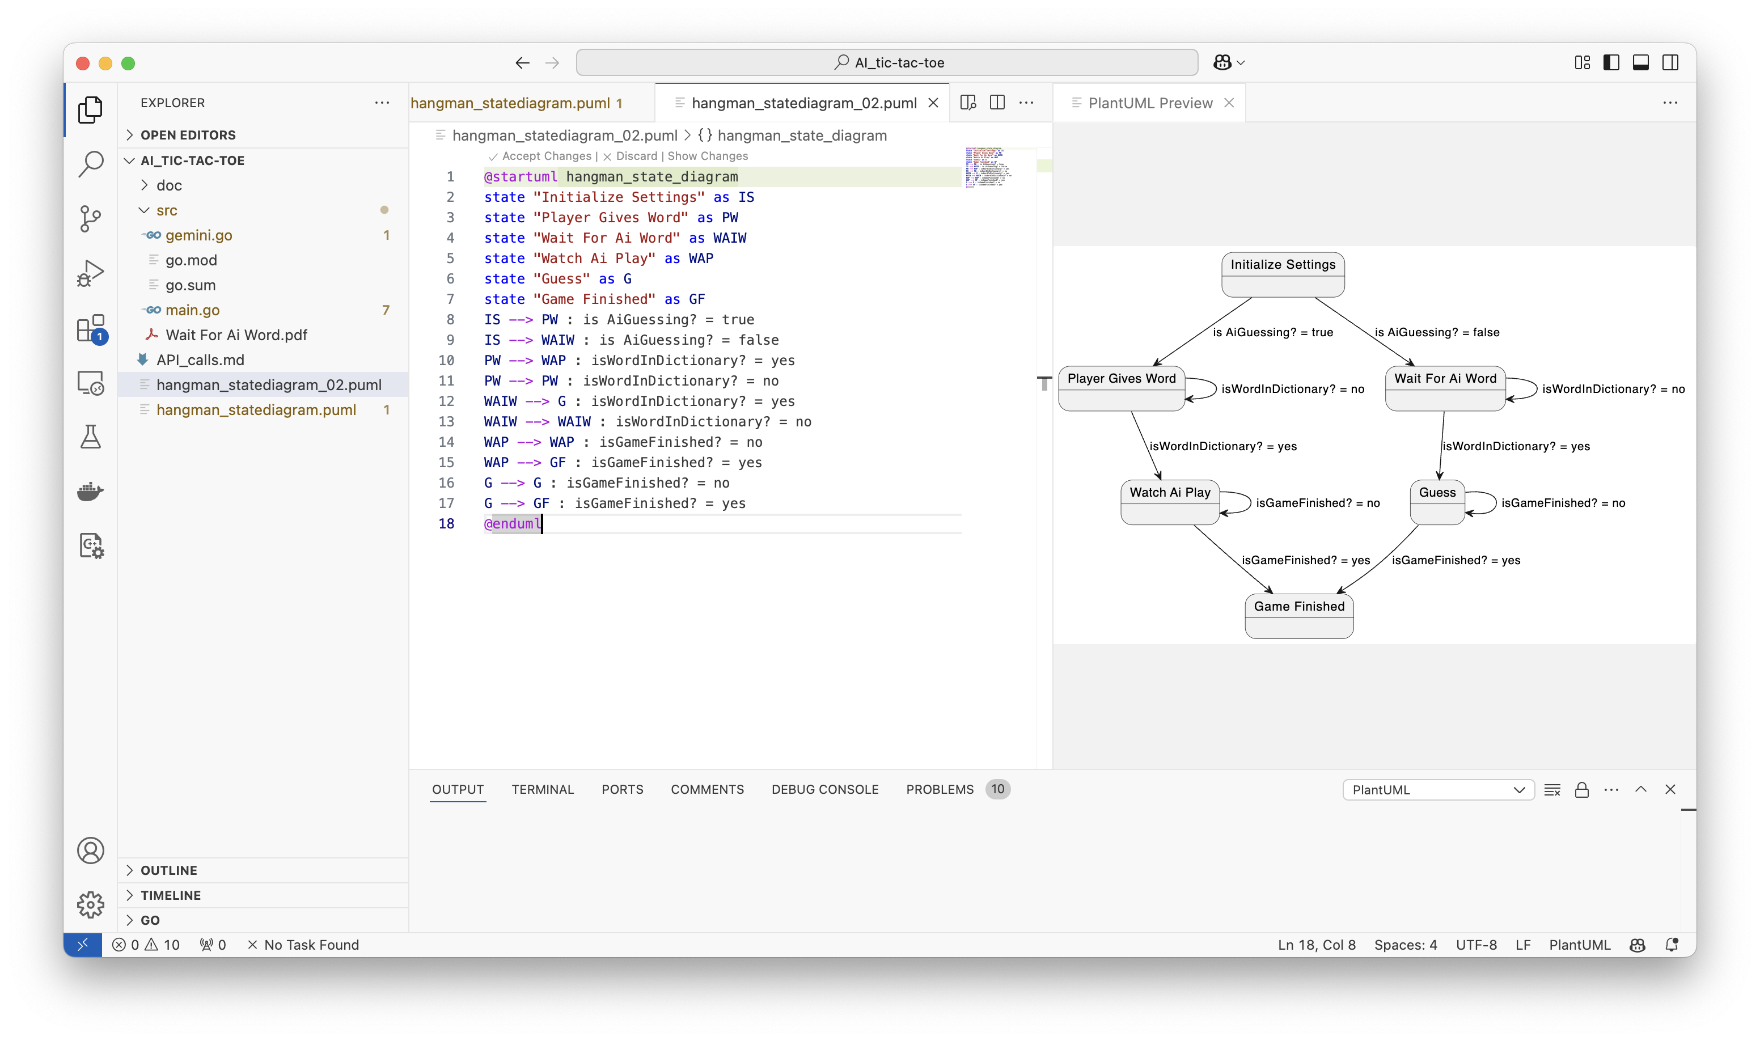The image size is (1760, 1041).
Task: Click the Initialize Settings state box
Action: click(x=1283, y=274)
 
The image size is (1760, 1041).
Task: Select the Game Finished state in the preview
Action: click(x=1298, y=615)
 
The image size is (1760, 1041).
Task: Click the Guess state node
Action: click(x=1437, y=502)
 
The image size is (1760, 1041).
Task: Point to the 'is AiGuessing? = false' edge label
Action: click(x=1437, y=332)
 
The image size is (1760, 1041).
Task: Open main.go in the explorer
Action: click(x=192, y=310)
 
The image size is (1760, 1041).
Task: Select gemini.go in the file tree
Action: click(x=198, y=235)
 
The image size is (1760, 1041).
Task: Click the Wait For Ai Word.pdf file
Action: click(x=236, y=335)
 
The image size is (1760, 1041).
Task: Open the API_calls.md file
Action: click(x=200, y=360)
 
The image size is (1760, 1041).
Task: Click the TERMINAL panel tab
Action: click(x=542, y=789)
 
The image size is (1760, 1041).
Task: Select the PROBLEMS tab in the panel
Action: click(x=940, y=789)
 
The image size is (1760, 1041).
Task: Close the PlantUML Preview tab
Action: click(x=1229, y=103)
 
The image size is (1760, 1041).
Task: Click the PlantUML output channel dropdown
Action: click(x=1437, y=790)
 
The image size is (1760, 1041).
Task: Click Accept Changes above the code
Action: click(x=545, y=156)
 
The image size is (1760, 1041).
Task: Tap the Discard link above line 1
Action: click(x=636, y=156)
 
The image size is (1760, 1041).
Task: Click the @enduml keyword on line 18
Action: click(x=512, y=523)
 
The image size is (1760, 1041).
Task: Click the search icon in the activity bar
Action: click(x=91, y=164)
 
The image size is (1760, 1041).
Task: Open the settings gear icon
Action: click(x=91, y=904)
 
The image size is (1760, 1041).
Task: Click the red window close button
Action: click(x=83, y=63)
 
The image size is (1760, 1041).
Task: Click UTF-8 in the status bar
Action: click(x=1475, y=945)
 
